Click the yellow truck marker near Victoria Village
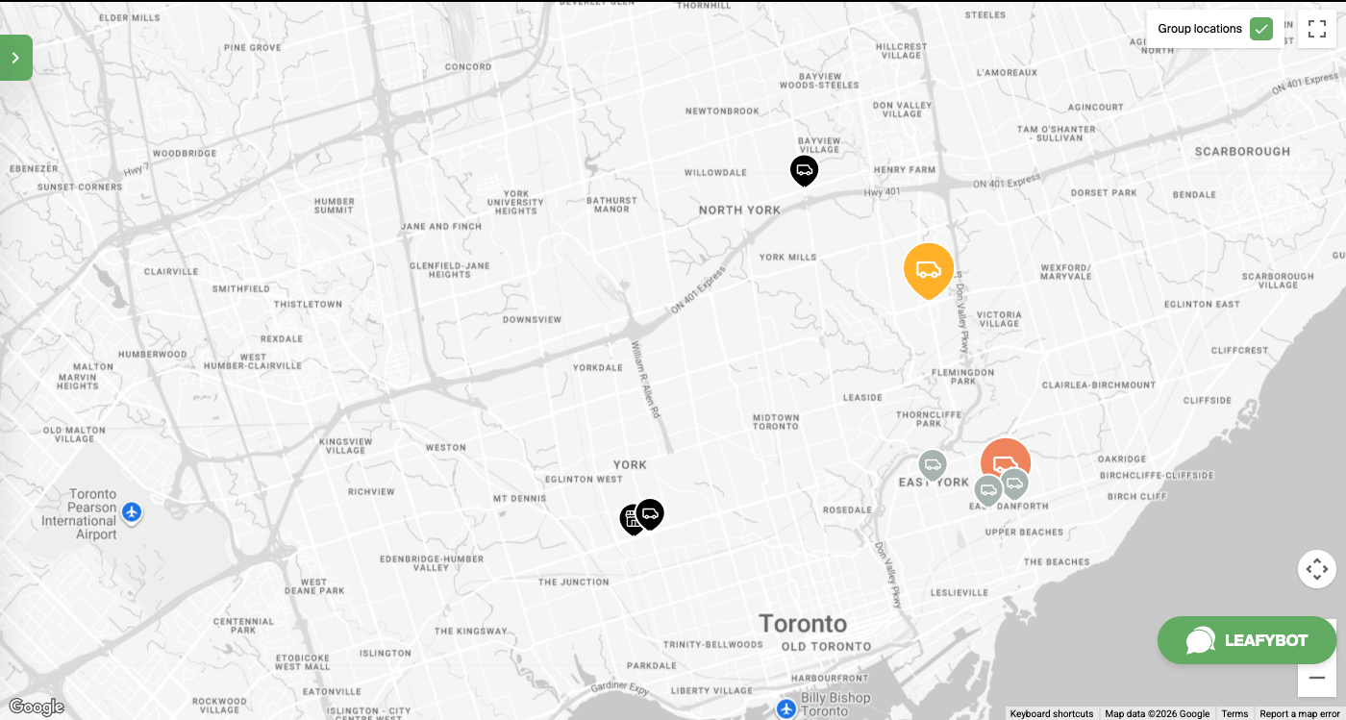coord(928,269)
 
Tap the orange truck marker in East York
coord(1006,461)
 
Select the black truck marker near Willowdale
coord(804,170)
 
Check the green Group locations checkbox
coord(1261,29)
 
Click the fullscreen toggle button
coord(1317,29)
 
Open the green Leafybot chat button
coord(1247,640)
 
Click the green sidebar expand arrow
coord(15,58)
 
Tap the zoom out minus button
coord(1317,678)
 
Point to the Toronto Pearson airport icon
coord(133,512)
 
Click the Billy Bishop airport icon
coord(786,708)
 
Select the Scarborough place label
coord(1242,152)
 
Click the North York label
coord(739,211)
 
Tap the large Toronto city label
coord(803,623)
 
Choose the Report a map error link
coord(1299,714)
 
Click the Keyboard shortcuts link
coord(1051,714)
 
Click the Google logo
coord(36,708)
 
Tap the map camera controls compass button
coord(1317,569)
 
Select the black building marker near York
coord(632,519)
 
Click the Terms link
coord(1234,714)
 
